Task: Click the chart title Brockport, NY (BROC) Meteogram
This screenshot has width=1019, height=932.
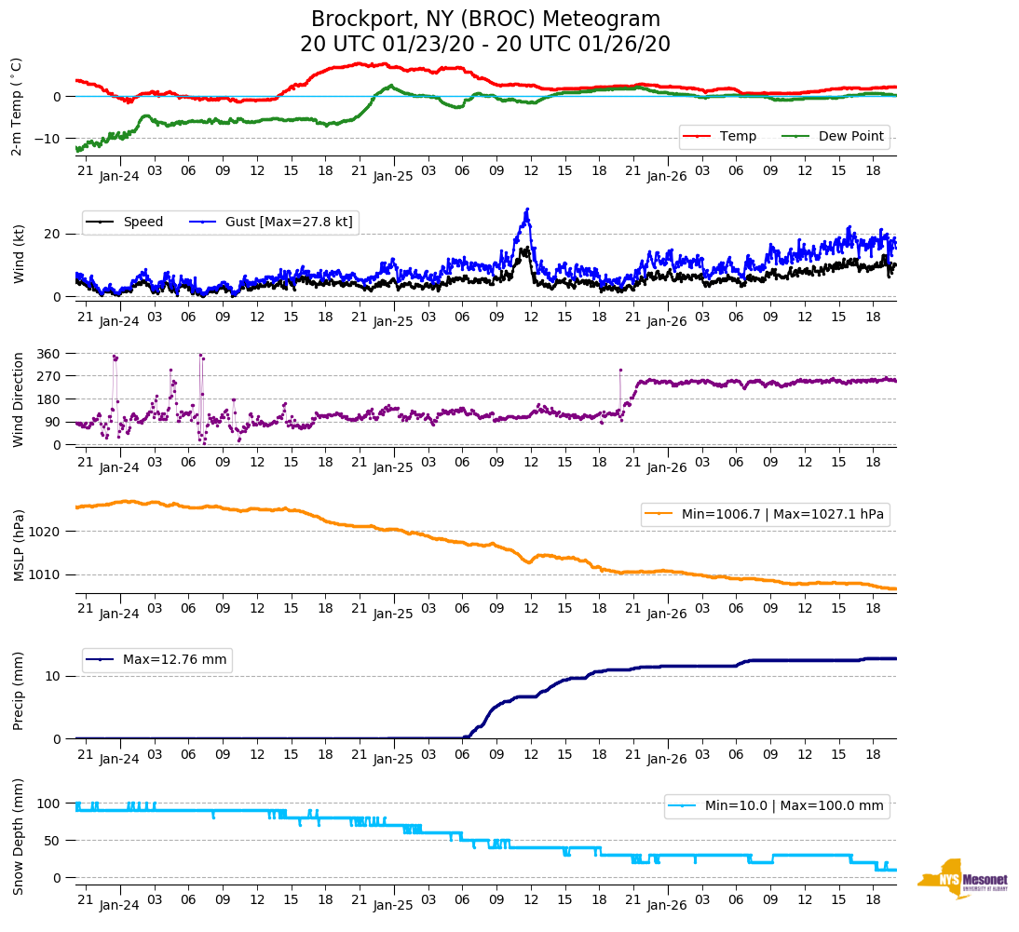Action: (485, 20)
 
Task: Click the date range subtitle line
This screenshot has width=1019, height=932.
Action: (485, 45)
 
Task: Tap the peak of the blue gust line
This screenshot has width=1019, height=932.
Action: (527, 209)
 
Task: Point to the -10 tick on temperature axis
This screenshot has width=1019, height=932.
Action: (48, 139)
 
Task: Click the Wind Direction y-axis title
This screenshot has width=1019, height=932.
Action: (19, 399)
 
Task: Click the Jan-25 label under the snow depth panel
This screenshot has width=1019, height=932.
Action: (393, 905)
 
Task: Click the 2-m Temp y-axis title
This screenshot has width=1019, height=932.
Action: (16, 105)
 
